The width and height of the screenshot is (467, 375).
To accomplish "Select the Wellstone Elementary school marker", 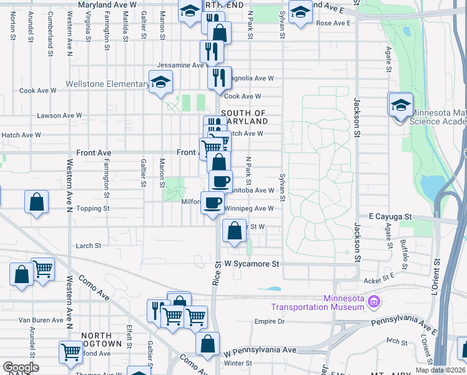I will pyautogui.click(x=160, y=82).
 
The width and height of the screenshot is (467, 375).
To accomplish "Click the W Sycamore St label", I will pyautogui.click(x=252, y=264).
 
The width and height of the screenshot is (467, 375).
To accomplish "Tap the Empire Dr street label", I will pyautogui.click(x=270, y=322).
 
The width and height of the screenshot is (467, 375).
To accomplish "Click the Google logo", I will pyautogui.click(x=21, y=367).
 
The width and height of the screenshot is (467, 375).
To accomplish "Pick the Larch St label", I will pyautogui.click(x=88, y=246).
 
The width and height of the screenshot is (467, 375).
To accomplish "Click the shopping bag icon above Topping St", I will pyautogui.click(x=37, y=202).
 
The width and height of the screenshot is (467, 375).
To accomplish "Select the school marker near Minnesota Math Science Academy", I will pyautogui.click(x=400, y=104).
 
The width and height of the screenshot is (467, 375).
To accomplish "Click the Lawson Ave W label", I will pyautogui.click(x=59, y=116).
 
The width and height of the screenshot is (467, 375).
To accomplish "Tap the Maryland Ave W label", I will pyautogui.click(x=107, y=4).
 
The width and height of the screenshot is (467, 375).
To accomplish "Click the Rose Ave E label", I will pyautogui.click(x=333, y=23).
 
